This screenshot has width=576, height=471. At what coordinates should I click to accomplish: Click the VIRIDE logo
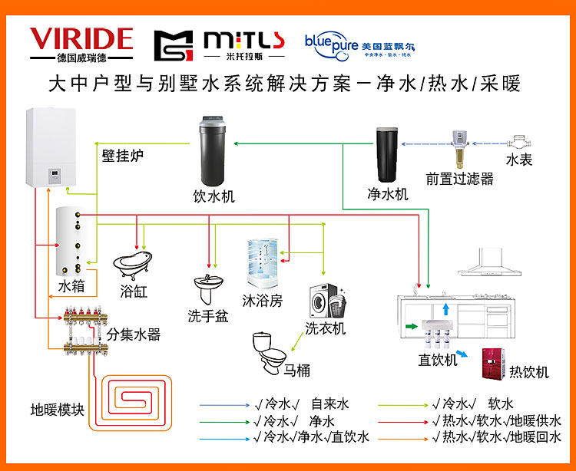click(x=81, y=44)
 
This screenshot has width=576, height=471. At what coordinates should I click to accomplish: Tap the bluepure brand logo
click(x=360, y=43)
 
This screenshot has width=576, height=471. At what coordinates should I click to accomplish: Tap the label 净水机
click(x=388, y=194)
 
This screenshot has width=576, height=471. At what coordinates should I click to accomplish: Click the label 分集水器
click(x=133, y=334)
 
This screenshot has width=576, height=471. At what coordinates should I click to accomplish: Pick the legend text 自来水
click(x=330, y=403)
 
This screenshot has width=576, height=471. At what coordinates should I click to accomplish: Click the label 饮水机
click(x=214, y=196)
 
